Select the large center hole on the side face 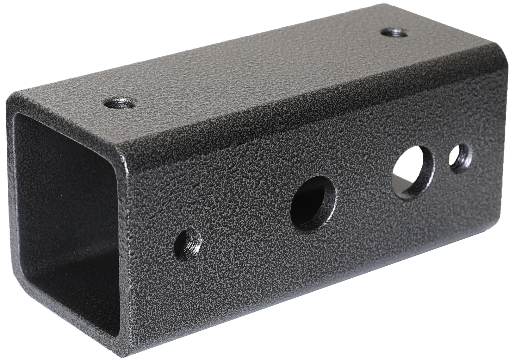tap(312, 203)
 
